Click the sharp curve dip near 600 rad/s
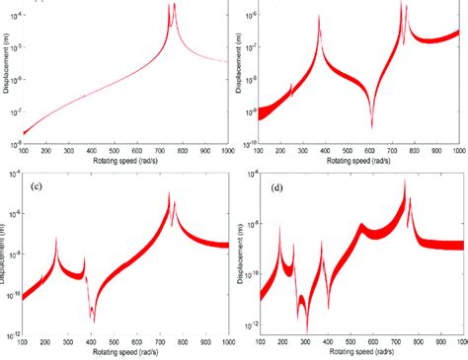tap(370, 125)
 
